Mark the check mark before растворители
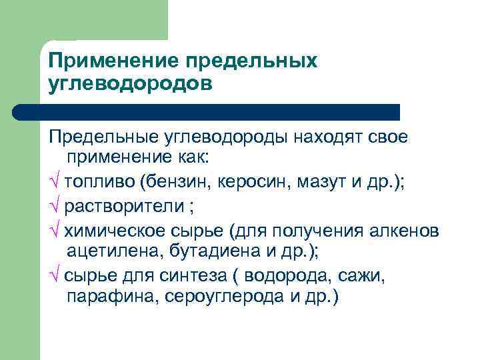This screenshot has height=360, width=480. (x=54, y=207)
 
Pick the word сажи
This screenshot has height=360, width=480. (x=343, y=275)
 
